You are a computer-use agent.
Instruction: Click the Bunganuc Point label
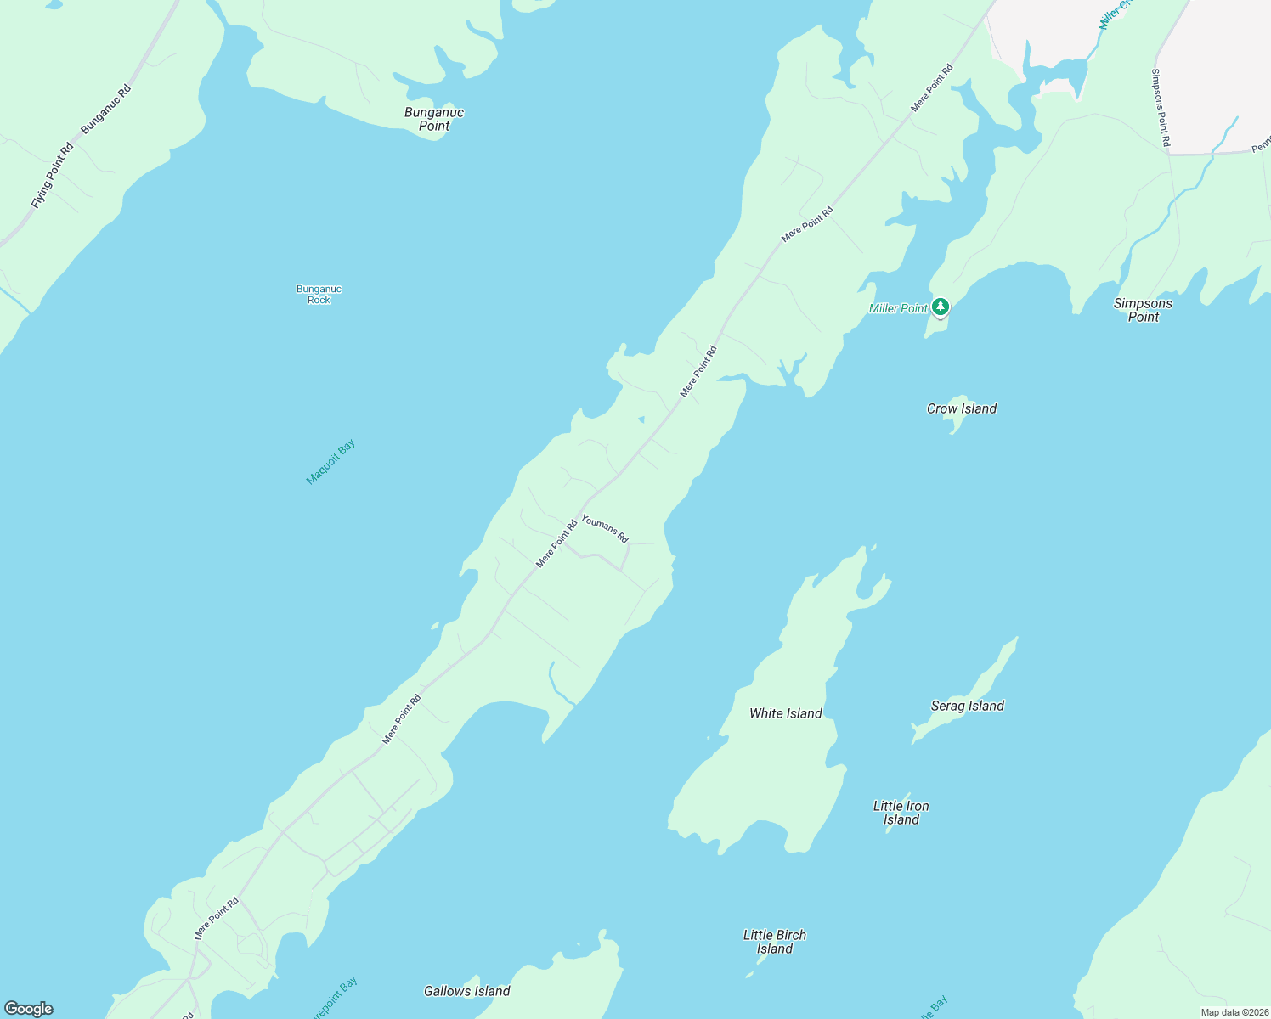pyautogui.click(x=434, y=119)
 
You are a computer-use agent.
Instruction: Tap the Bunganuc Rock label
pyautogui.click(x=319, y=295)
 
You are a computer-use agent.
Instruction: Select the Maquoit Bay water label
pyautogui.click(x=330, y=462)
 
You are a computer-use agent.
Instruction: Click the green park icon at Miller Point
pyautogui.click(x=940, y=306)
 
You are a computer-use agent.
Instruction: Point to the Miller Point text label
pyautogui.click(x=898, y=308)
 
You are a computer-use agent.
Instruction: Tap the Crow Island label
pyautogui.click(x=962, y=408)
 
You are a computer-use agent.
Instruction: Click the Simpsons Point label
pyautogui.click(x=1143, y=310)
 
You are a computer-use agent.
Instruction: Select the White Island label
pyautogui.click(x=786, y=713)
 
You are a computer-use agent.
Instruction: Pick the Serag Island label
pyautogui.click(x=968, y=706)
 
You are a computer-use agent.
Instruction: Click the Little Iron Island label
pyautogui.click(x=901, y=813)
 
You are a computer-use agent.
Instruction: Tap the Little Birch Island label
pyautogui.click(x=775, y=942)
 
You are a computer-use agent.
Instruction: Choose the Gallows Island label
pyautogui.click(x=467, y=991)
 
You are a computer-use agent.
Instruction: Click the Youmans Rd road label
pyautogui.click(x=605, y=528)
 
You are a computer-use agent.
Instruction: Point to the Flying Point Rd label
pyautogui.click(x=52, y=176)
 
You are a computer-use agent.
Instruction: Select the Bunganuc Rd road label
pyautogui.click(x=106, y=109)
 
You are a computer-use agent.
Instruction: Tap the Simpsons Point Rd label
pyautogui.click(x=1161, y=107)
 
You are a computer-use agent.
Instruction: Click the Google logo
pyautogui.click(x=29, y=1009)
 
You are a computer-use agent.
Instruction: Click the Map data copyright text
pyautogui.click(x=1234, y=1012)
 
